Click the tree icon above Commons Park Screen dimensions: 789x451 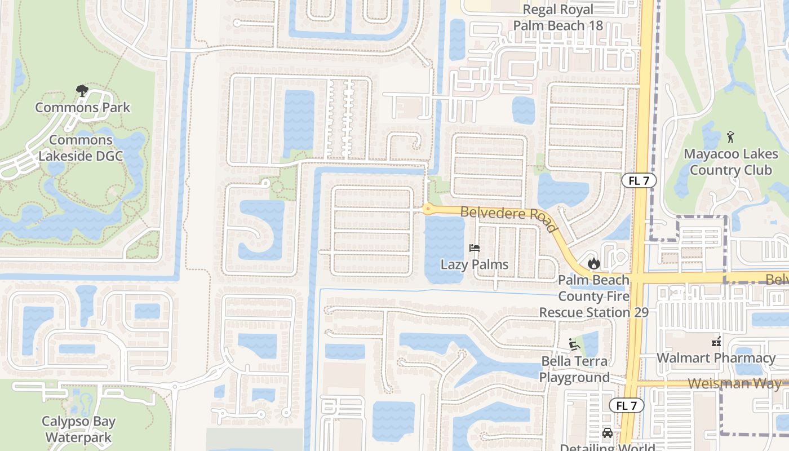(x=82, y=90)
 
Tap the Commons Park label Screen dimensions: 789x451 (x=83, y=107)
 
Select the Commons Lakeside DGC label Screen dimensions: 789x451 (x=81, y=148)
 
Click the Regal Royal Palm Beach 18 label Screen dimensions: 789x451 (x=558, y=17)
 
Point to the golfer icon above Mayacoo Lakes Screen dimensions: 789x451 (x=731, y=136)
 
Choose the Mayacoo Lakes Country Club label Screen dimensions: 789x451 (x=731, y=162)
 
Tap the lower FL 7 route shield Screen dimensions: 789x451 (x=626, y=405)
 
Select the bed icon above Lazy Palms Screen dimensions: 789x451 (x=475, y=248)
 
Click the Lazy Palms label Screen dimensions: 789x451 (x=475, y=264)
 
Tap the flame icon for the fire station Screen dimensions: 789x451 (x=593, y=263)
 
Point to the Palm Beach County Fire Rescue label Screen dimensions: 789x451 (x=594, y=296)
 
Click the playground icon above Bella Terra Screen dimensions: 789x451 (x=574, y=344)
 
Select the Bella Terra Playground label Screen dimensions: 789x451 (x=575, y=369)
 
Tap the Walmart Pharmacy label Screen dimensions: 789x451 (x=716, y=358)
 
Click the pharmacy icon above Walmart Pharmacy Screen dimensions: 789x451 (x=716, y=341)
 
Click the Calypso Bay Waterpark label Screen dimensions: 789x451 (x=78, y=429)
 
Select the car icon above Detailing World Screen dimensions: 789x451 (x=607, y=432)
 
